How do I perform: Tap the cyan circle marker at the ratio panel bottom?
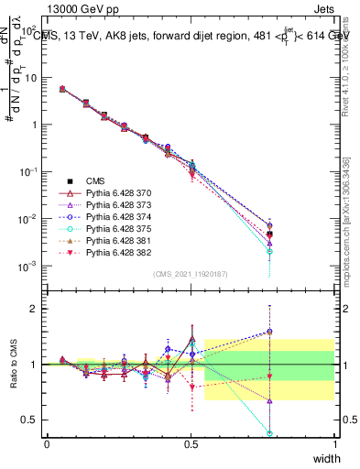click(296, 432)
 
